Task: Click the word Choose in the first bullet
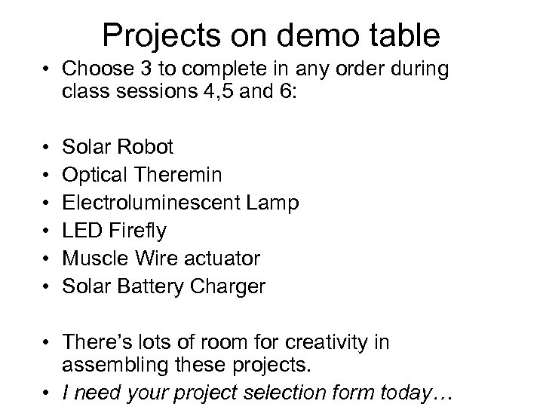[95, 70]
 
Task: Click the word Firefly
[139, 231]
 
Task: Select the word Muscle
[96, 259]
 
